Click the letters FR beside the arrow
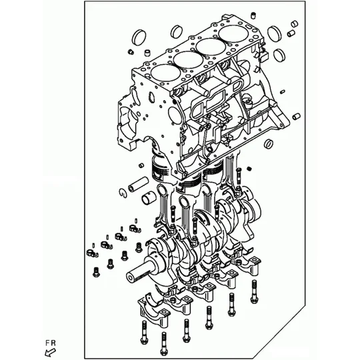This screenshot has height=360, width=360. click(x=50, y=343)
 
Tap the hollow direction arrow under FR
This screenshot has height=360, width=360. click(x=51, y=352)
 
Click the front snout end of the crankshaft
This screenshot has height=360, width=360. click(x=131, y=278)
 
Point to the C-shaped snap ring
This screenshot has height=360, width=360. click(x=123, y=193)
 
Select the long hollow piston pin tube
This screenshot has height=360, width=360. click(x=138, y=184)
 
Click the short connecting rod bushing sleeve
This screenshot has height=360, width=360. click(x=148, y=197)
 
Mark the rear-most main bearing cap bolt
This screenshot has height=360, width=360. click(x=254, y=291)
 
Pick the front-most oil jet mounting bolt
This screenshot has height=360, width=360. click(x=96, y=271)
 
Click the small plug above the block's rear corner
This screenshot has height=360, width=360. click(x=253, y=15)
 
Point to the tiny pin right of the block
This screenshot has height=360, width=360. click(x=283, y=91)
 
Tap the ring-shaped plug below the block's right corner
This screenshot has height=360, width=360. click(x=269, y=143)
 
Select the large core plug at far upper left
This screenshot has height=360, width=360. click(x=139, y=37)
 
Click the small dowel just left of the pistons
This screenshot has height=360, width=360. click(x=141, y=165)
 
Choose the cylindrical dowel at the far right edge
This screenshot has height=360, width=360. click(x=297, y=116)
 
